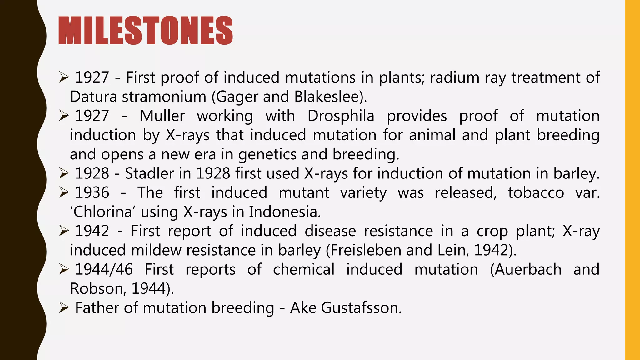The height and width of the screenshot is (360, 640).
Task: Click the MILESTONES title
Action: pos(146,31)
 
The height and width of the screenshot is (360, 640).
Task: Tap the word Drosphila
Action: pos(341,116)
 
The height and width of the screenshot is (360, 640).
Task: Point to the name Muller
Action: pos(162,116)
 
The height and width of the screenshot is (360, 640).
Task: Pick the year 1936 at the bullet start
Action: pos(92,193)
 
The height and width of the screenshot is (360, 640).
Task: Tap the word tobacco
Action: pos(536,193)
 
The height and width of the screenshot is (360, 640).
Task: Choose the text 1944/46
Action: pos(104,270)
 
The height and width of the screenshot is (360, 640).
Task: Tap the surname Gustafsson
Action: pos(361,308)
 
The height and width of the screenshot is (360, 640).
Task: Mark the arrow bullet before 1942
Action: pos(64,231)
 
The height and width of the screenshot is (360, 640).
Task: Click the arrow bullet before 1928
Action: pos(64,173)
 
